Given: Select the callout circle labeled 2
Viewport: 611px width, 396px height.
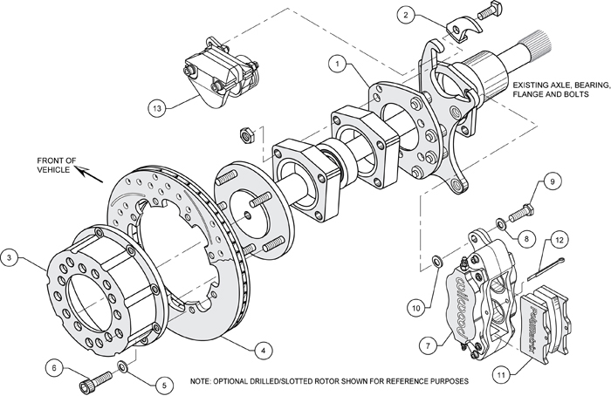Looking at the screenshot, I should (x=405, y=14).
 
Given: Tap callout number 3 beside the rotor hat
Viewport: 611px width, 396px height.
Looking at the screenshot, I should (x=9, y=257).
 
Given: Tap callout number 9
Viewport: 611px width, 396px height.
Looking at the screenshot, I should (x=551, y=181).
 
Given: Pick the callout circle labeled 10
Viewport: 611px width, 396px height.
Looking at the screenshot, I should (x=416, y=305).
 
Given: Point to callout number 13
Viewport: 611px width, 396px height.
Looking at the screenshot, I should (x=157, y=109).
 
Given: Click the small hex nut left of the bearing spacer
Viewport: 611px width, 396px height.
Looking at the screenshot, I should (x=247, y=135).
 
